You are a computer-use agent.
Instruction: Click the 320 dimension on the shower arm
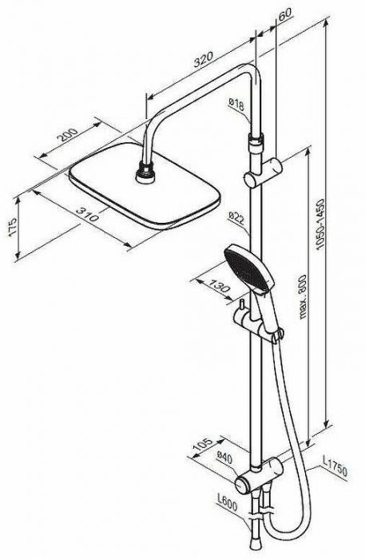[203, 60]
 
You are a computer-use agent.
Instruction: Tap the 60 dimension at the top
[284, 14]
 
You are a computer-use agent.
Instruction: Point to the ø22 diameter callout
[236, 217]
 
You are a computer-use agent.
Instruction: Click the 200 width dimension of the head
[68, 135]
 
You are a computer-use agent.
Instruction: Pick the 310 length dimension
[86, 212]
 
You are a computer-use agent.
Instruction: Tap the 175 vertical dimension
[12, 226]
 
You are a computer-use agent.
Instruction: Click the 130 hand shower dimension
[218, 285]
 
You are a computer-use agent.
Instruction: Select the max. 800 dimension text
[302, 296]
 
